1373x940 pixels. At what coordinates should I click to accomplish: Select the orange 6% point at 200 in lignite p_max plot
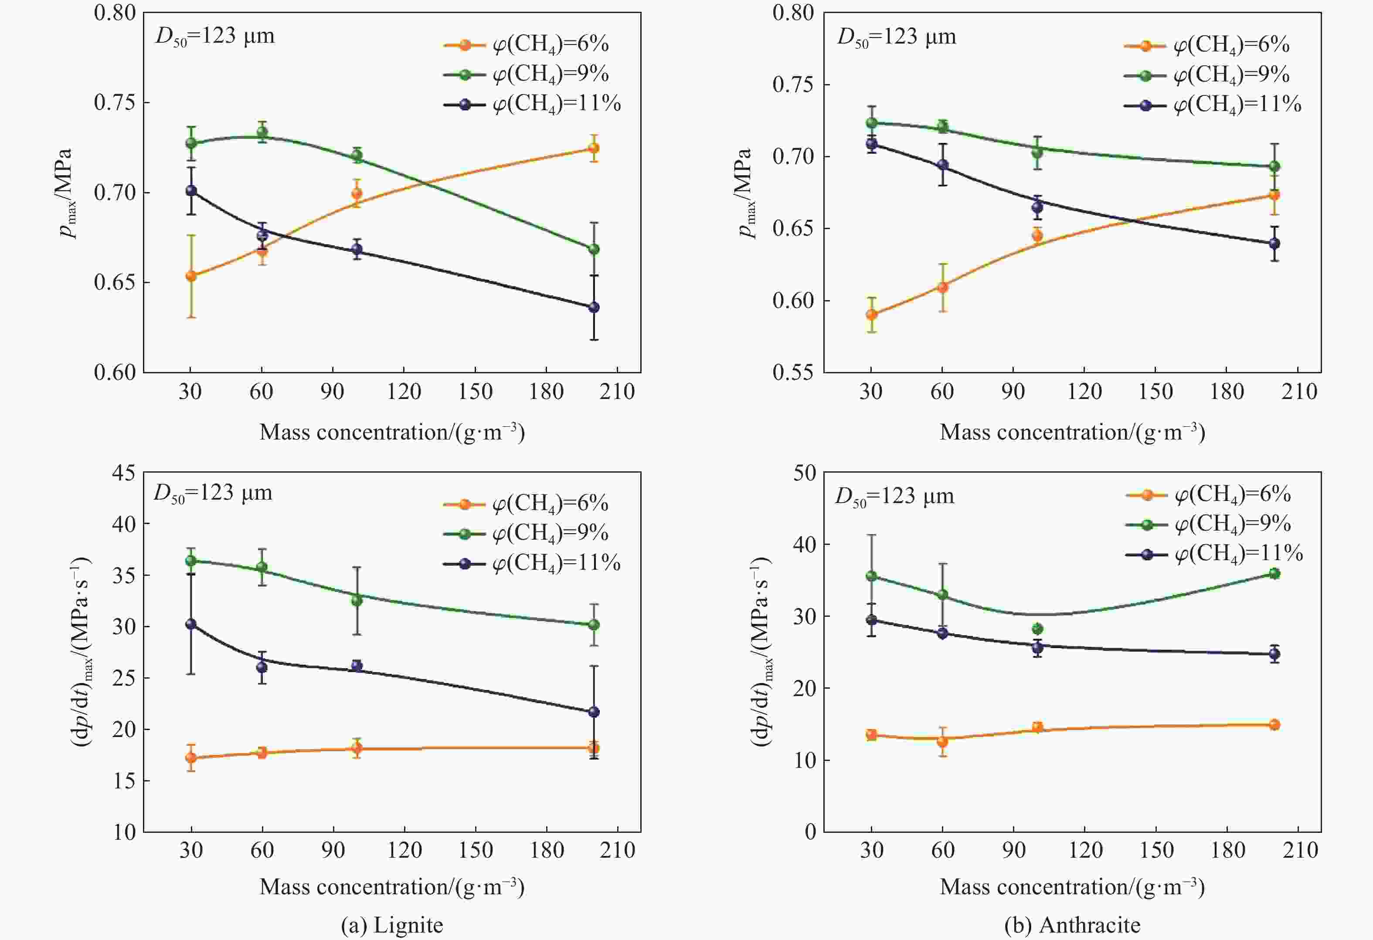(x=594, y=148)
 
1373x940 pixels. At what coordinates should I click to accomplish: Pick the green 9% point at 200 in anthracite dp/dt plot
(x=1274, y=573)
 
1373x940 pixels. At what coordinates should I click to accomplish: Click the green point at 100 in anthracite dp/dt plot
(x=1037, y=629)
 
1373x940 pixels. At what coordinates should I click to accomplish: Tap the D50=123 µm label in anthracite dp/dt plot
(x=894, y=496)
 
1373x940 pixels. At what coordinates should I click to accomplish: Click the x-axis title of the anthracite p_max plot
(x=1072, y=432)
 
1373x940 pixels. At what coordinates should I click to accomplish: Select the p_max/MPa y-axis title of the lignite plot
(x=66, y=193)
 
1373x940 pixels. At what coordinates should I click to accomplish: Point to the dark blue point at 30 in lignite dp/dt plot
(x=191, y=624)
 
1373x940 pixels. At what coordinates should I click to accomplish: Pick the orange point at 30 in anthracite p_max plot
(x=871, y=314)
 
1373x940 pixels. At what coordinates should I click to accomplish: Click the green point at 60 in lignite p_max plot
(x=262, y=132)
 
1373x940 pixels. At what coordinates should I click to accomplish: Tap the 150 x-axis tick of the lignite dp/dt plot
(x=476, y=850)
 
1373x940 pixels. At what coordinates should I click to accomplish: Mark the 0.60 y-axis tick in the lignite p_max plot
(x=115, y=372)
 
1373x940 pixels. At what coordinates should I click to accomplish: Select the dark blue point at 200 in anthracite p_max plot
(x=1274, y=243)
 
